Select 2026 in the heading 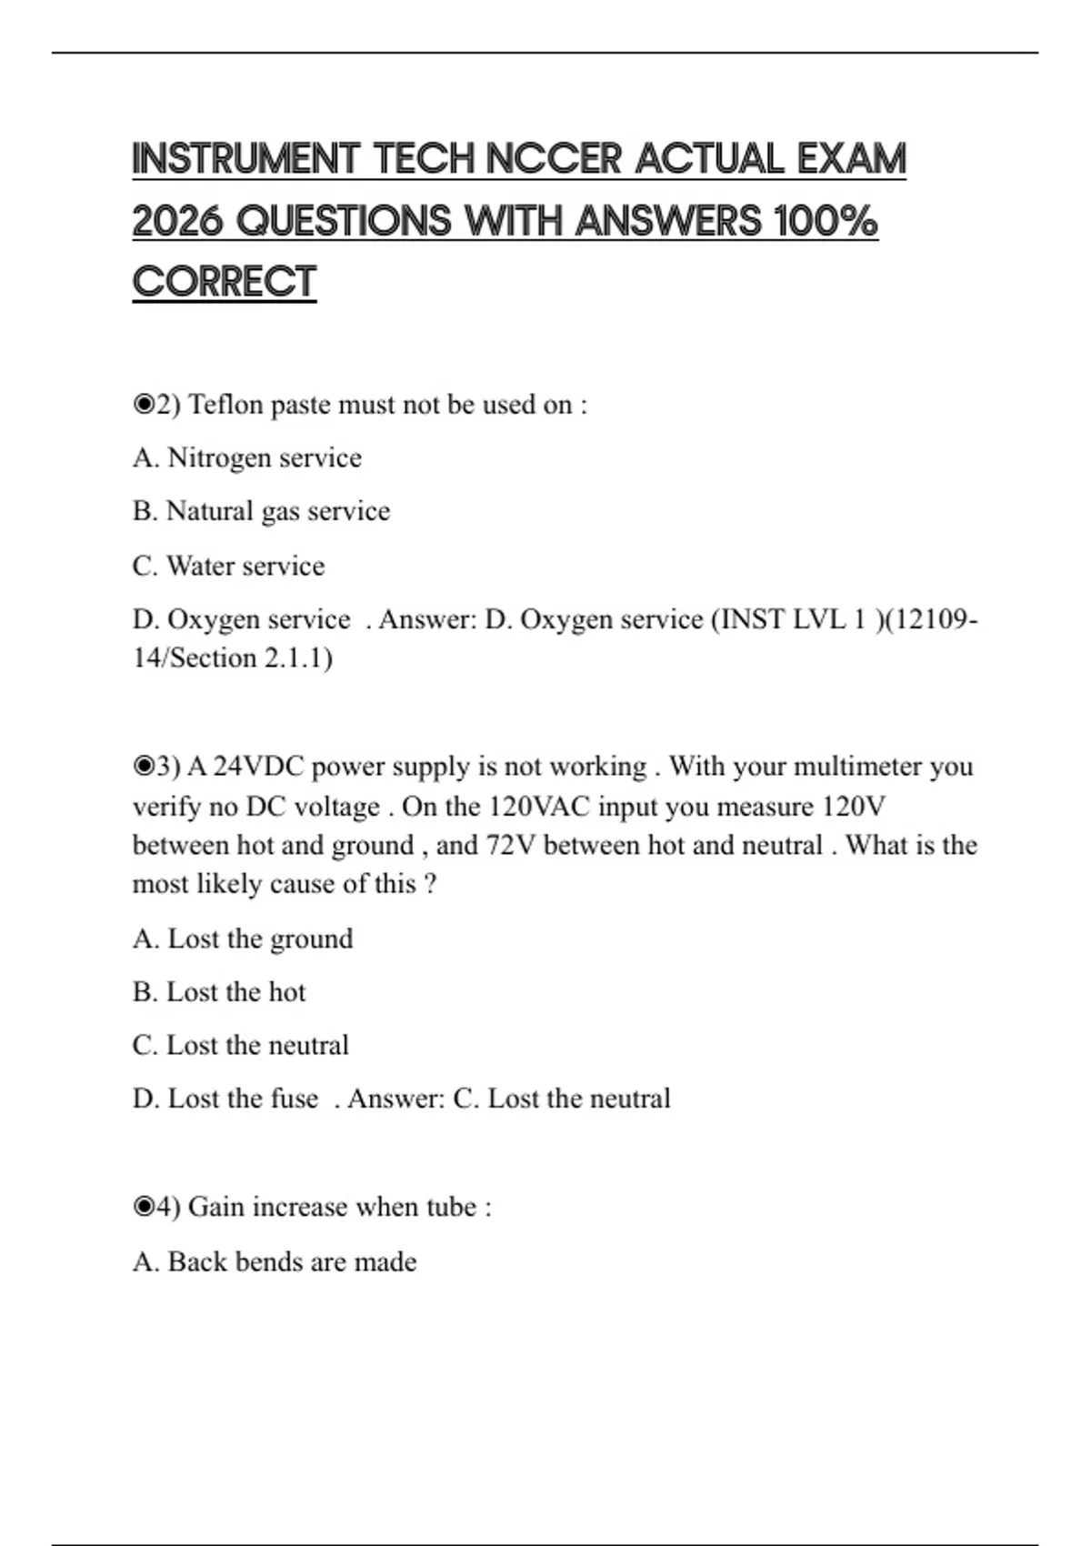(177, 221)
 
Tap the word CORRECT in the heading (224, 282)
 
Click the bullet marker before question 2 (144, 405)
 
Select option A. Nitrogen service (246, 457)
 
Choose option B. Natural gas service (261, 511)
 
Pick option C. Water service (228, 566)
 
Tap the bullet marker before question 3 (144, 767)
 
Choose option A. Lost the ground (243, 939)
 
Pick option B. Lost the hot (219, 992)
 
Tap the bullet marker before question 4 (144, 1207)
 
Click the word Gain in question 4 (216, 1207)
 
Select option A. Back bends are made (275, 1262)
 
